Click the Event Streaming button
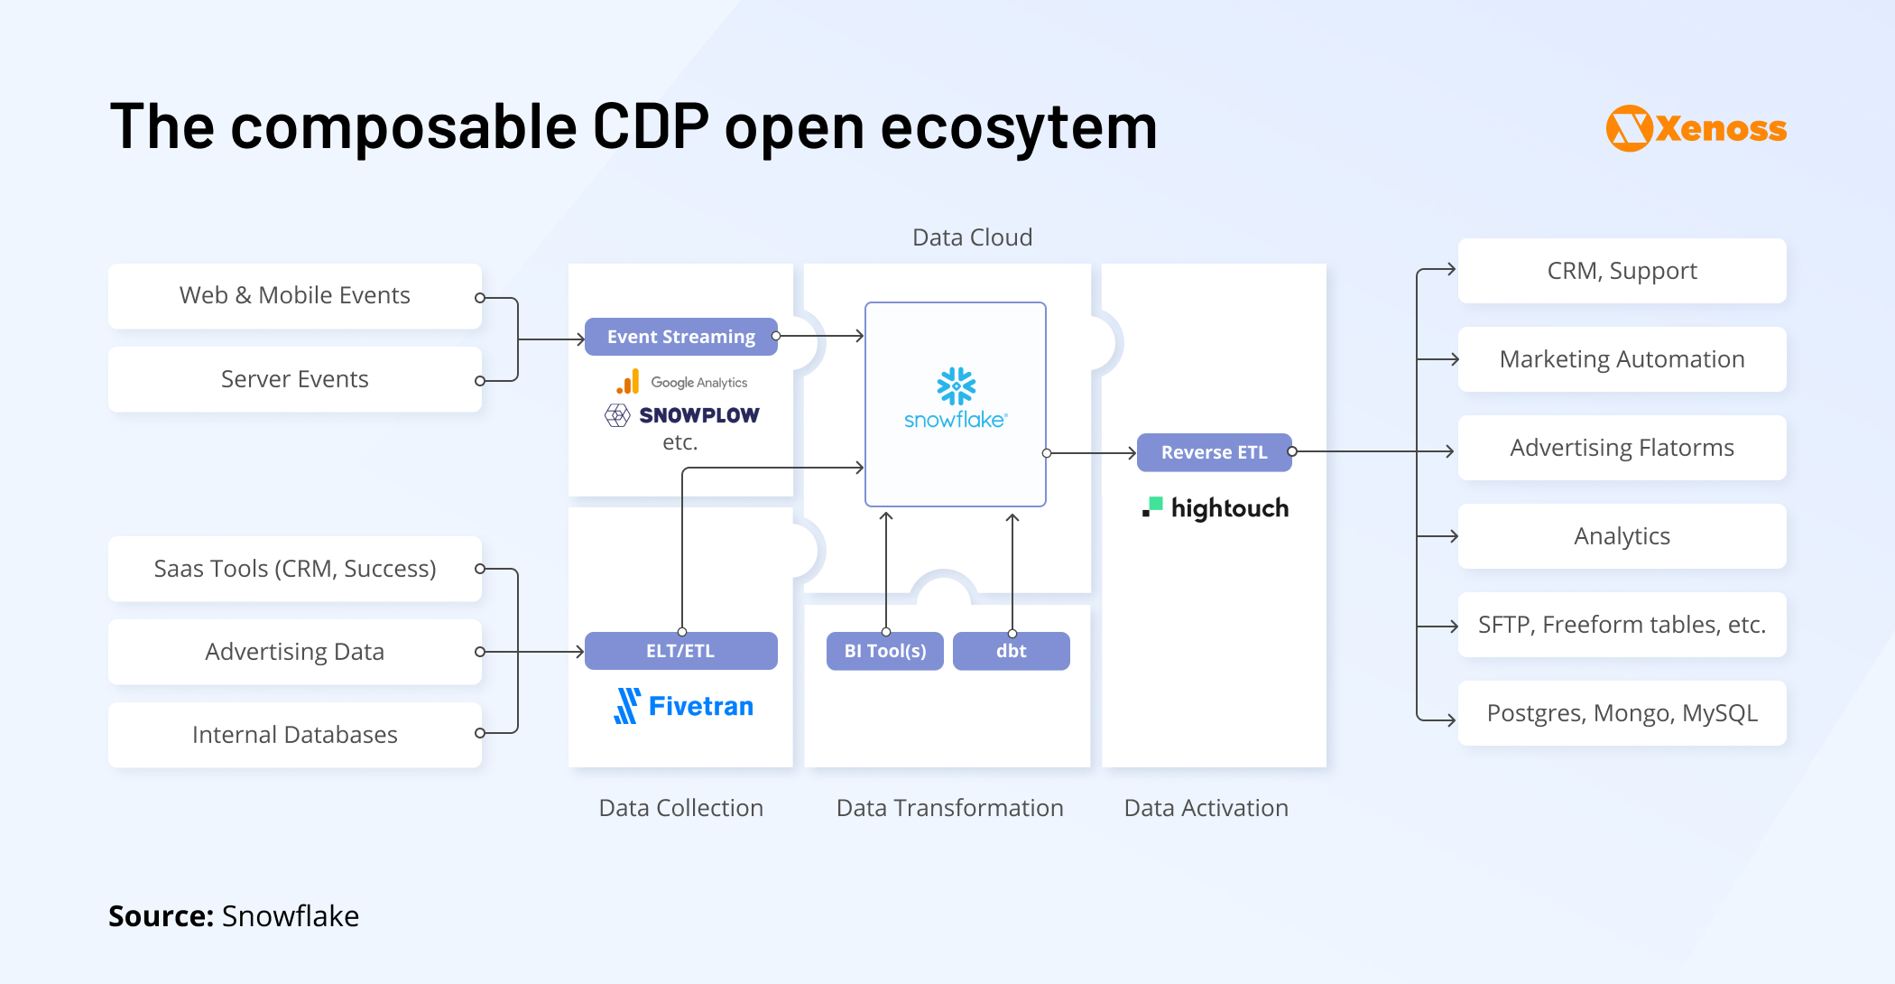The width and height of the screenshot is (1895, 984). pos(680,337)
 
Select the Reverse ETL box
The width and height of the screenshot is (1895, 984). pos(1214,452)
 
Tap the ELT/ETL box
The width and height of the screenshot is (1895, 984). pos(680,651)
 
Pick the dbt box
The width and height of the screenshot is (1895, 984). pos(1011,651)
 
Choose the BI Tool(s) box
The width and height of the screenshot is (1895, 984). pos(884,651)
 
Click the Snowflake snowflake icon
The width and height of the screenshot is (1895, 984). pos(956,386)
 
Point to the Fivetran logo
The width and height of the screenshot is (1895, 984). pos(683,706)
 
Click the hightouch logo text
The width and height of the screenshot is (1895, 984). pos(1229,508)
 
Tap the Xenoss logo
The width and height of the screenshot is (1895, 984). pos(1696,128)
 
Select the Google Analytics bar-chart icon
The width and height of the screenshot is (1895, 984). pos(628,382)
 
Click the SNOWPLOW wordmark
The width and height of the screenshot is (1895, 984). pos(698,415)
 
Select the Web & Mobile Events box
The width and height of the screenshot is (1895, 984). pos(294,296)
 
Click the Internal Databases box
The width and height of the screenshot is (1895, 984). pos(294,735)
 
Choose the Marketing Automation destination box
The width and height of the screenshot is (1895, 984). pos(1622,359)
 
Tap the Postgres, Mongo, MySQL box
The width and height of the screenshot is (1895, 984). pos(1622,713)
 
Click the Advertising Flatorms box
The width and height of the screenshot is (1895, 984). pos(1622,448)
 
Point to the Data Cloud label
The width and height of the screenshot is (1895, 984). pos(972,237)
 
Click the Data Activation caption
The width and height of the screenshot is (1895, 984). pos(1206,808)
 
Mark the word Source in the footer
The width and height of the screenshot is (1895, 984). pos(160,916)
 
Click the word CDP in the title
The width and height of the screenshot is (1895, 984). pos(650,126)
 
